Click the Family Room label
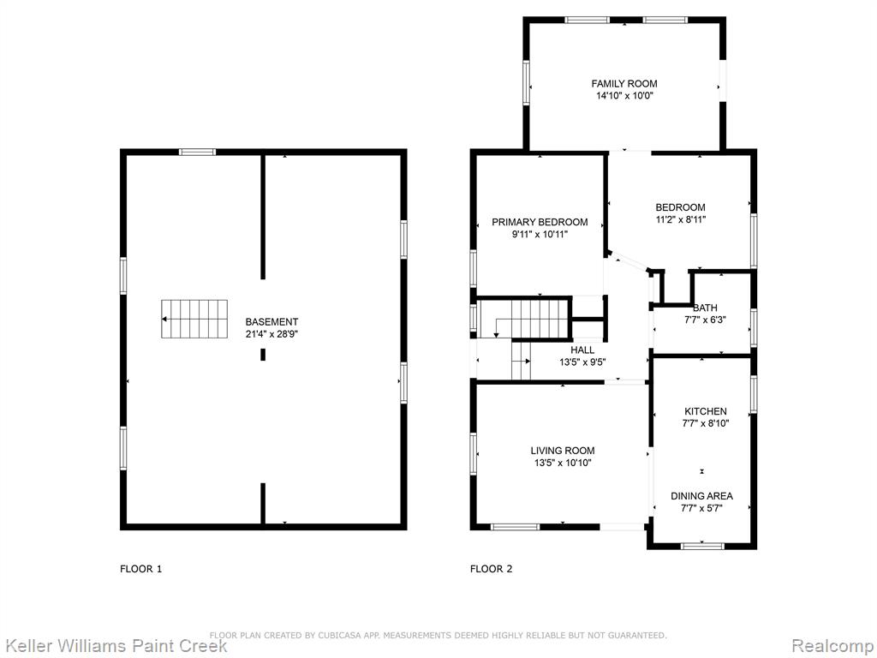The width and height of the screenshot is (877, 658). tap(624, 84)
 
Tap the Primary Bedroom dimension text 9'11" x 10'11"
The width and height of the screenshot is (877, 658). tap(540, 235)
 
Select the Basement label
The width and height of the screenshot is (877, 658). tap(271, 322)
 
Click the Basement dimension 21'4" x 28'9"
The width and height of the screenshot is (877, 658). tap(271, 335)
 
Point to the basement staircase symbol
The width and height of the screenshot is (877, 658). tap(194, 319)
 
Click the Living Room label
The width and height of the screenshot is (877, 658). tap(563, 451)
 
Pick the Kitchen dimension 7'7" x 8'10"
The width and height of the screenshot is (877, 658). tap(706, 423)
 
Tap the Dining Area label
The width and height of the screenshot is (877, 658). tap(702, 496)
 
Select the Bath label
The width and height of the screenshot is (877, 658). tap(706, 308)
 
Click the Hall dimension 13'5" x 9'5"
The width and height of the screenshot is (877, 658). tap(582, 362)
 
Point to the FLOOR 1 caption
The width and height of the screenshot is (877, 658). tap(141, 569)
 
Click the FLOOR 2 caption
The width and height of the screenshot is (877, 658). tap(491, 569)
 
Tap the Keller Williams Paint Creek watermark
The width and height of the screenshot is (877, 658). tap(114, 645)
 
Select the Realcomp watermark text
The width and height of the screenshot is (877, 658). tap(833, 646)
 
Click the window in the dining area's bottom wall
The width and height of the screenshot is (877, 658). tap(702, 546)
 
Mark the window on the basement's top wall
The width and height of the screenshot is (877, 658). tap(198, 152)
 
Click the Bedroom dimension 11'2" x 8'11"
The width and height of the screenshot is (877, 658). tap(681, 220)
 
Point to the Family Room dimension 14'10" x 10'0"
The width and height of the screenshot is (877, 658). tap(624, 96)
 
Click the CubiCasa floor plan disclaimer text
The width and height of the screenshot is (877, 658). tap(438, 635)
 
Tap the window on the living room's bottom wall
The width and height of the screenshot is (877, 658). tap(515, 527)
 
